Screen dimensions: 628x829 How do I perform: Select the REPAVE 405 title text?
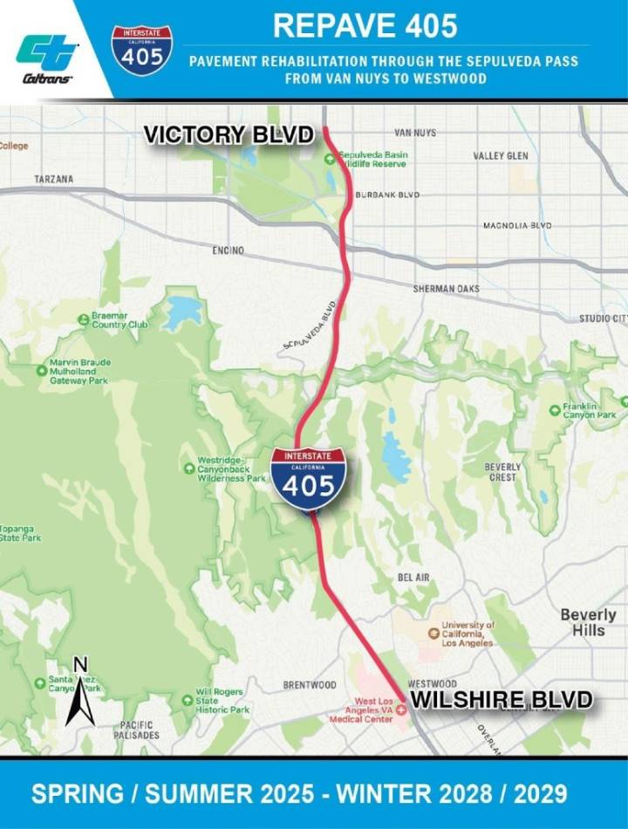coord(365,25)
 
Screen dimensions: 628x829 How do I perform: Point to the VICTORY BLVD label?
coord(229,134)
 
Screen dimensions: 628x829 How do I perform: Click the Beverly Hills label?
coord(588,622)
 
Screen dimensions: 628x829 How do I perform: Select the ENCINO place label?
coord(228,250)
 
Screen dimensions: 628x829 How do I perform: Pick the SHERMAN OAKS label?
coord(444,289)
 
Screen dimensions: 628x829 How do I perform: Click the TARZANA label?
coord(54,179)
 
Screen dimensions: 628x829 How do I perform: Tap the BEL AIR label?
coord(413,578)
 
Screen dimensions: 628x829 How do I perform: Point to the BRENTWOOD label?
coord(310,685)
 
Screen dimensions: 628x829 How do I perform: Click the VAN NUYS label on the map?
coord(414,133)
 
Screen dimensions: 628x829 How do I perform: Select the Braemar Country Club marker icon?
coord(85,319)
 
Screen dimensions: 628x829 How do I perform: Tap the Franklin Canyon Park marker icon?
coord(555,409)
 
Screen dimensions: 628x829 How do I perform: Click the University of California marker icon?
coord(433,633)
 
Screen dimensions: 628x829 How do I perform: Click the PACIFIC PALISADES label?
coord(137,730)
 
